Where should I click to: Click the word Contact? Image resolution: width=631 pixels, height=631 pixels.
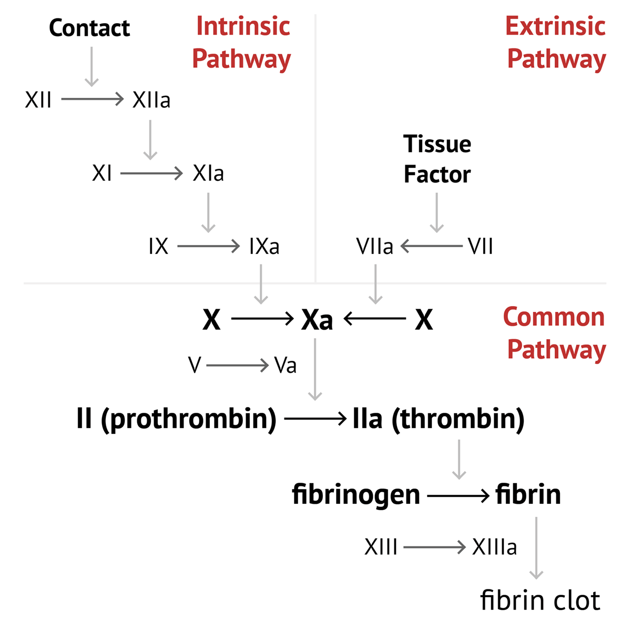tap(89, 28)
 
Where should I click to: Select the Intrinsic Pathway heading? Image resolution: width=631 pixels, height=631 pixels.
tap(241, 43)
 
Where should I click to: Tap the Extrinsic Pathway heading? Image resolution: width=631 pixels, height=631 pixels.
tap(556, 43)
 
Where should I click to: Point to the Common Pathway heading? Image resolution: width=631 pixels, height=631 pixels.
tap(554, 333)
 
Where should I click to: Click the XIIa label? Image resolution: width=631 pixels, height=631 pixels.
tap(151, 99)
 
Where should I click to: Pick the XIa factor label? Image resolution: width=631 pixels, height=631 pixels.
tap(208, 173)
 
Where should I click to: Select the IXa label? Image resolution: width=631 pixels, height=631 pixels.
tap(264, 246)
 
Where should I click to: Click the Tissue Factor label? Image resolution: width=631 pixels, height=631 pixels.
tap(437, 159)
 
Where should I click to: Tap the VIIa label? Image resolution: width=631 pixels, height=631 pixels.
tap(374, 246)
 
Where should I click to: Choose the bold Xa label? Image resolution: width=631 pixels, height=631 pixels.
tap(317, 319)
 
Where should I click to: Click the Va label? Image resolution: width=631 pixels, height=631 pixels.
tap(286, 365)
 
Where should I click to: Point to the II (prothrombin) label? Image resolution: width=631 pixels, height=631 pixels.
tap(177, 419)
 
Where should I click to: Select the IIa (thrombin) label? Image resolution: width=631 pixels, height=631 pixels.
tap(439, 419)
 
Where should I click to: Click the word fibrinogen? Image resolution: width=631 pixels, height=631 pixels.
tap(356, 495)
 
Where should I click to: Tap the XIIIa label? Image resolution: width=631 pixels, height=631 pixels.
tap(494, 547)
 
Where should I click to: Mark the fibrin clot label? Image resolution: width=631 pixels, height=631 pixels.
tap(540, 600)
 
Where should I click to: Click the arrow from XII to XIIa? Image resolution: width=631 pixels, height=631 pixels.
tap(92, 99)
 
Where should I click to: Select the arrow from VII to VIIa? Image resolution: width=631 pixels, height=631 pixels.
tap(431, 246)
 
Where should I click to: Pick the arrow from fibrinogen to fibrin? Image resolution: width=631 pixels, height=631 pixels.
tap(458, 495)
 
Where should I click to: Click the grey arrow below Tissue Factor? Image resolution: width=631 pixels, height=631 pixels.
tap(436, 212)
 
